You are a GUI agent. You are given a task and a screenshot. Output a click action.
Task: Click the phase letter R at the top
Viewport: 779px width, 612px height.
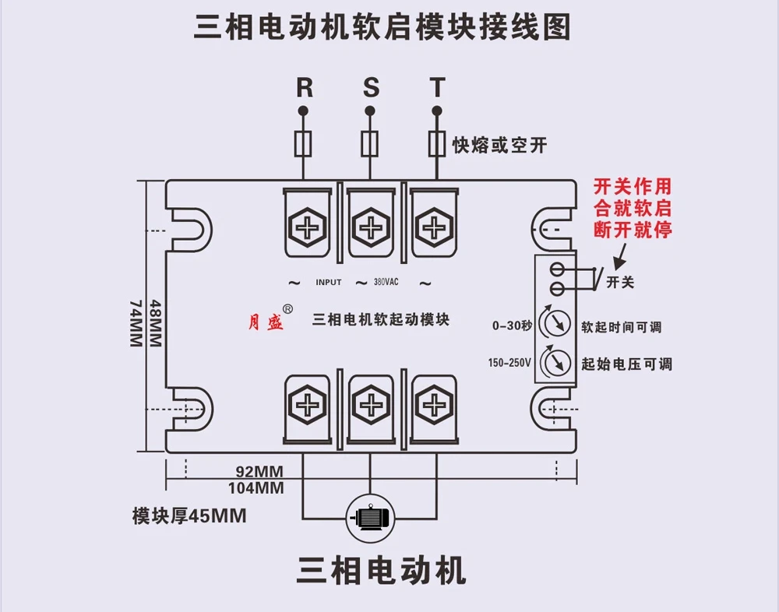pos(305,88)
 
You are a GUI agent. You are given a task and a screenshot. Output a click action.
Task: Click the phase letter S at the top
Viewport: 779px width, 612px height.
pos(371,88)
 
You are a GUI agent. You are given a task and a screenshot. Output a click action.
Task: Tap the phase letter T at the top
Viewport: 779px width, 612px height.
pos(437,88)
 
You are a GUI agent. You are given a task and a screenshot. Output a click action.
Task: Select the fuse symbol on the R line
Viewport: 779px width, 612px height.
pos(303,143)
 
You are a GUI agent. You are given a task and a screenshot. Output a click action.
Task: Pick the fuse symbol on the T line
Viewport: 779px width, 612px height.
pos(437,143)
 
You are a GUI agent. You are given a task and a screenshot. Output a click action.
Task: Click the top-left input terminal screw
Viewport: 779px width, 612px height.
pos(308,227)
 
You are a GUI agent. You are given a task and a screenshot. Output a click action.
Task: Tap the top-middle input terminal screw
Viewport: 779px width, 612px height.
pos(371,227)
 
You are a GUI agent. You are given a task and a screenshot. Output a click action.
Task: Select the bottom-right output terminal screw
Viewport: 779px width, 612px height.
pos(434,405)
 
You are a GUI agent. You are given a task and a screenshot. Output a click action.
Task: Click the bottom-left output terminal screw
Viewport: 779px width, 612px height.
pos(308,405)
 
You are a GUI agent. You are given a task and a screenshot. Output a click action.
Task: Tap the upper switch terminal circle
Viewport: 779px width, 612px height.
pos(557,269)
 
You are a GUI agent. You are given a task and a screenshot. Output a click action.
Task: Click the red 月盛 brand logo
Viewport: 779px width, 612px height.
pos(266,323)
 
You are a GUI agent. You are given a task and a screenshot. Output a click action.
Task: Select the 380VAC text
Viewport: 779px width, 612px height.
pos(386,282)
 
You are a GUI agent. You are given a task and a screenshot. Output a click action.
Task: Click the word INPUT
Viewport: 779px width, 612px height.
pos(329,282)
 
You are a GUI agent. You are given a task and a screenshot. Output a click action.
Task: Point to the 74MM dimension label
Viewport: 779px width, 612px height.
pos(136,323)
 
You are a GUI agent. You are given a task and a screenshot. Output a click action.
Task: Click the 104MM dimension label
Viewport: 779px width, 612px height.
pos(256,488)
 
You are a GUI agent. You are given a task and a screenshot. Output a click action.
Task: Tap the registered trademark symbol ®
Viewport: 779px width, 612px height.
pos(287,309)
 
